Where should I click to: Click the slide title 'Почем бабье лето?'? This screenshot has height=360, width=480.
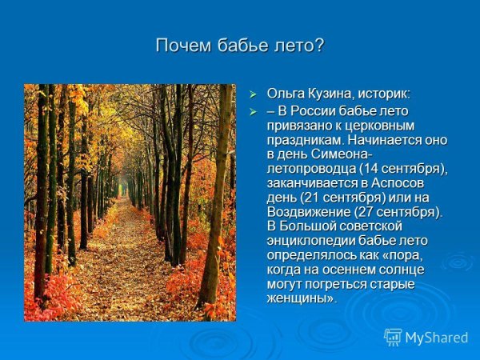[240, 46]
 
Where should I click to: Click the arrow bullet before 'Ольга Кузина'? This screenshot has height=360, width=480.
[254, 94]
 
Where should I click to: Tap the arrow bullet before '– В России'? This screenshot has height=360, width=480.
[254, 111]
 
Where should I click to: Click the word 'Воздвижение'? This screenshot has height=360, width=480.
[306, 211]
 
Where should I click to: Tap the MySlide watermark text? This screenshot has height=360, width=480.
[436, 338]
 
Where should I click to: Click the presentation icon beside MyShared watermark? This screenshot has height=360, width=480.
[393, 337]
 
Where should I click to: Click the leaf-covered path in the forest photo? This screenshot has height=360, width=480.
[120, 272]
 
